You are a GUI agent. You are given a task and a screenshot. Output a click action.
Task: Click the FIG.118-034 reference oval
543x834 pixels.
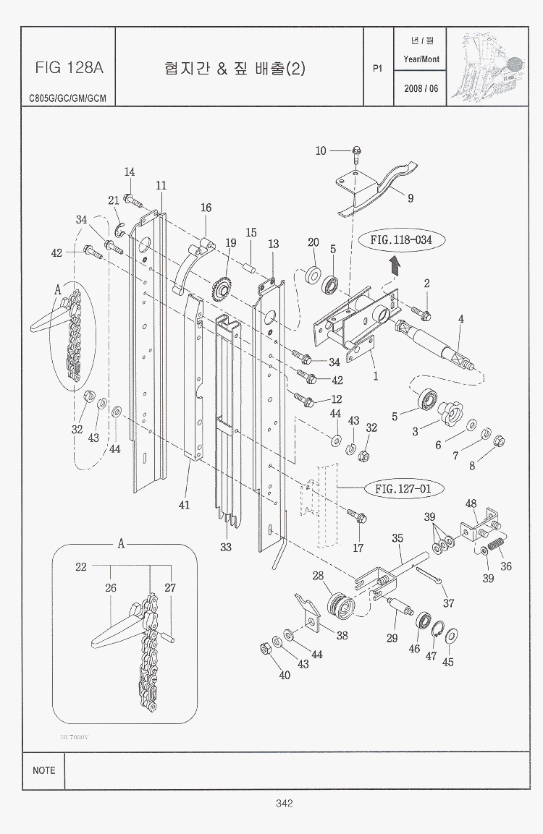401,239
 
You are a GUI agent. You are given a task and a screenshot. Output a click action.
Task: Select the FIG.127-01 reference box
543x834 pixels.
403,489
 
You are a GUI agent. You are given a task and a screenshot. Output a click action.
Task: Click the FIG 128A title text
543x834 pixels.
69,68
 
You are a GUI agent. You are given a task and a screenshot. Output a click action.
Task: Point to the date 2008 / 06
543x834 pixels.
421,88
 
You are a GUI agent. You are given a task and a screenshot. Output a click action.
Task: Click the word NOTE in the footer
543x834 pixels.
43,770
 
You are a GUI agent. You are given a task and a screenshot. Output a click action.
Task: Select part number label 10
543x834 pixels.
321,150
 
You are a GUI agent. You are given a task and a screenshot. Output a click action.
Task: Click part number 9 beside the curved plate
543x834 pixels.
411,197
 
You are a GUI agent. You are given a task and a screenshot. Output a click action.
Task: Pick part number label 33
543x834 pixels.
226,547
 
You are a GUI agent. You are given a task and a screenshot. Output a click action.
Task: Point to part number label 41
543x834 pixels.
185,504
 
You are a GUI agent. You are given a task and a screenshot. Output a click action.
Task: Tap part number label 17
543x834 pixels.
358,548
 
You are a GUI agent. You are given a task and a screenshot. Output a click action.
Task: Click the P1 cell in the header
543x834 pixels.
376,69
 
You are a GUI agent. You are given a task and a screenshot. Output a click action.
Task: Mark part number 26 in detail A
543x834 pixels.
111,588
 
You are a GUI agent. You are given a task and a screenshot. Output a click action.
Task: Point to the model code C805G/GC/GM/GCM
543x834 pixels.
67,98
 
